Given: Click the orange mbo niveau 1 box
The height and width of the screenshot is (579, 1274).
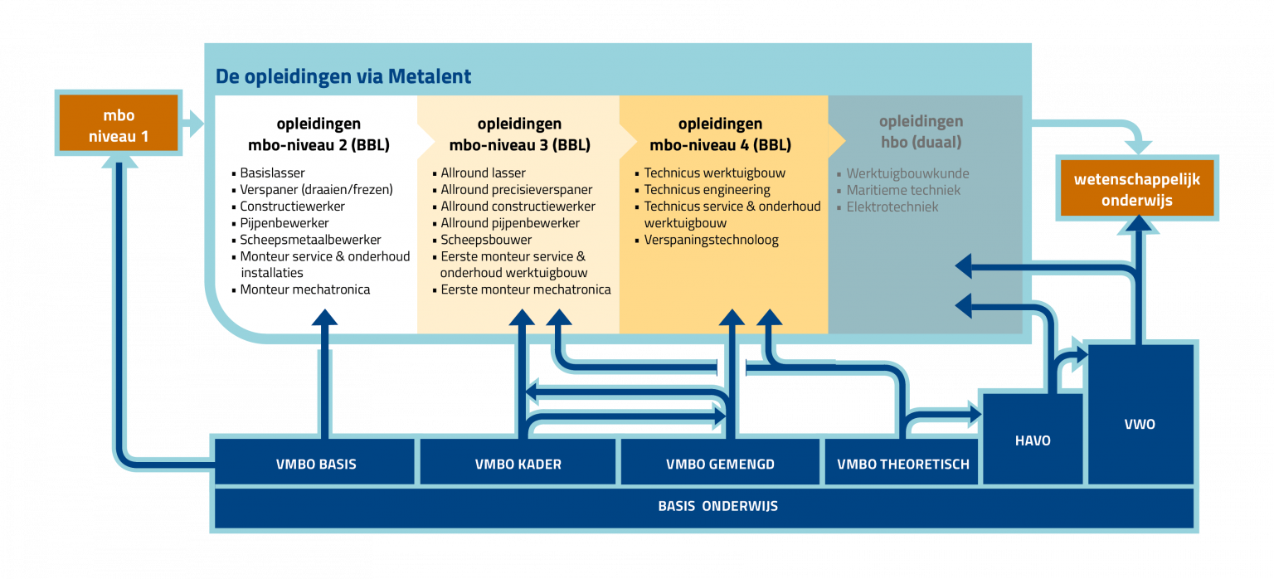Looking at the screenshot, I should [x=119, y=124].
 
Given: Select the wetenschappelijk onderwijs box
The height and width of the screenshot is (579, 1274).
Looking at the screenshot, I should [x=1136, y=189].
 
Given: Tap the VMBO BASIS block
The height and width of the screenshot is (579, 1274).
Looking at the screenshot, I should [x=315, y=464].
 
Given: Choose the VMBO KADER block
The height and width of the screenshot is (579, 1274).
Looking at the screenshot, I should [x=518, y=464].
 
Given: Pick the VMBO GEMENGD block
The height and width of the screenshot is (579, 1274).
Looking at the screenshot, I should [x=720, y=464].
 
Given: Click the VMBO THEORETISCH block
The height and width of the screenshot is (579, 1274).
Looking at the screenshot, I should [x=903, y=464].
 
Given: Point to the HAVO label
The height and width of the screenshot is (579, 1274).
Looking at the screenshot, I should [x=1032, y=440].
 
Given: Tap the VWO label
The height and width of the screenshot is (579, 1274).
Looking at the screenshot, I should [x=1140, y=424].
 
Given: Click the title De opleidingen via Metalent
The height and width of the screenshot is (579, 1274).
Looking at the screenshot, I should [x=343, y=76].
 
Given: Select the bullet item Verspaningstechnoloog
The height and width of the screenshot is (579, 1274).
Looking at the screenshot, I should [x=711, y=240].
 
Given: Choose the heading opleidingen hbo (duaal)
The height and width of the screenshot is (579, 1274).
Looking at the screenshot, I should [x=921, y=133].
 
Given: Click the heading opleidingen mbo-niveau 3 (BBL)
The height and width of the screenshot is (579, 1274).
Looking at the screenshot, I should [x=519, y=134].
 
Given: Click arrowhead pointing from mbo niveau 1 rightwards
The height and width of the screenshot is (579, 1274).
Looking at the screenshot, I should [x=194, y=124].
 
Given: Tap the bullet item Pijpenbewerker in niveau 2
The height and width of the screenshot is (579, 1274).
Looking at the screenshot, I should [x=284, y=223].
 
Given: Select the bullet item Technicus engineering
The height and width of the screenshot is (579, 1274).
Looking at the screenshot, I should [x=707, y=190].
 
